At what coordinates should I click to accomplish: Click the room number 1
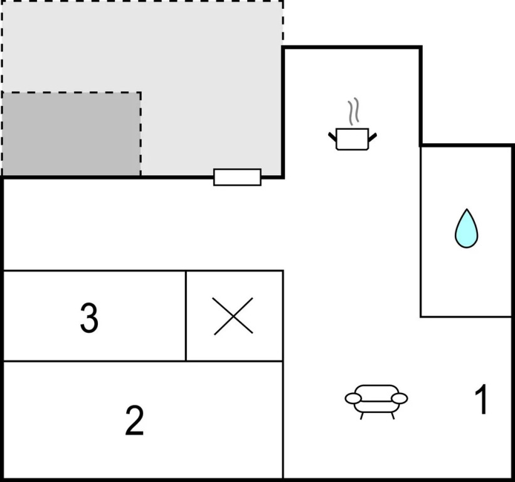482,399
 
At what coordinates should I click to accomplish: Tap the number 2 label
135,420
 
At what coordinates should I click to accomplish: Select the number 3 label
89,318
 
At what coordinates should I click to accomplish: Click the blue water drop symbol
466,228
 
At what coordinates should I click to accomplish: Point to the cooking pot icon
353,139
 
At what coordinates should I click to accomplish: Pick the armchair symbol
376,402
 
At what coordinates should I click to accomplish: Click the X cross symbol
233,316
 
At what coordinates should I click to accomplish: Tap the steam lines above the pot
353,111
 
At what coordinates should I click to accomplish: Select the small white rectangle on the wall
237,177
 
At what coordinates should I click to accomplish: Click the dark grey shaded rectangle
72,134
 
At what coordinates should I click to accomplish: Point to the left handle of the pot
332,137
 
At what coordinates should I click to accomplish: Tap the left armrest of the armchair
353,399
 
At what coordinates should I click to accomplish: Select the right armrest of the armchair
400,399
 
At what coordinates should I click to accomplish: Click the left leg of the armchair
362,416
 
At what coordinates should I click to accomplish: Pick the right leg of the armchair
392,416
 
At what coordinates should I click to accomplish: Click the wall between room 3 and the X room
186,316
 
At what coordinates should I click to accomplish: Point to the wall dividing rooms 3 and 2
93,361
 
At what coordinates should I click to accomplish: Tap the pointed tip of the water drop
467,209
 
